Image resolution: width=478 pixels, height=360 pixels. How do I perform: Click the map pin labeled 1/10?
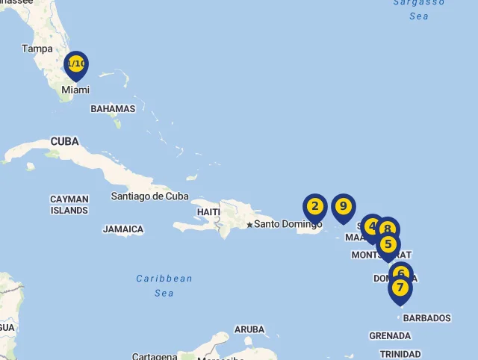tap(76, 64)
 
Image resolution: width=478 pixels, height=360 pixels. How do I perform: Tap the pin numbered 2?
tap(314, 207)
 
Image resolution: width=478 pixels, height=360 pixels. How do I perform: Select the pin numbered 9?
tap(343, 206)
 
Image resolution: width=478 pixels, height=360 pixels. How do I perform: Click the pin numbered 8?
tap(388, 229)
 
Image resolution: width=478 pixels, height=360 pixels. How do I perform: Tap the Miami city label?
tap(75, 90)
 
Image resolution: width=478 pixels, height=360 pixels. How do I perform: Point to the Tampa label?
tap(37, 49)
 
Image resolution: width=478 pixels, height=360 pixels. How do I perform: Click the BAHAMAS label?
tap(113, 109)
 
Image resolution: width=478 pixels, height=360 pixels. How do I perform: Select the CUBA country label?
tap(64, 141)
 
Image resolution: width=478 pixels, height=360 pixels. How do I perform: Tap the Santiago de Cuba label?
tap(149, 196)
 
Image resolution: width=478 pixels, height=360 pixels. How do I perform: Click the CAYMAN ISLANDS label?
tap(69, 205)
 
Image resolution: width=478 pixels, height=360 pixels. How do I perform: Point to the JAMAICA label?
tap(123, 229)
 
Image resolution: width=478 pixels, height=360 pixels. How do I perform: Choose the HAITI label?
tap(208, 212)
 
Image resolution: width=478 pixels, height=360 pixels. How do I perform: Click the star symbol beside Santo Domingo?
tap(249, 224)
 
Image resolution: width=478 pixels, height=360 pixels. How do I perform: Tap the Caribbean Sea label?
tap(164, 285)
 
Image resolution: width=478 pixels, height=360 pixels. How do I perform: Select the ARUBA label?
tap(249, 329)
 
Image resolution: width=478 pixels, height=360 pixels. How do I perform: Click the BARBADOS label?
tap(426, 318)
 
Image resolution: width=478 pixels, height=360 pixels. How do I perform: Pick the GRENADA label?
tap(390, 335)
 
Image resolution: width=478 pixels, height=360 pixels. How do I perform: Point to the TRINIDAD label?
tap(400, 354)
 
